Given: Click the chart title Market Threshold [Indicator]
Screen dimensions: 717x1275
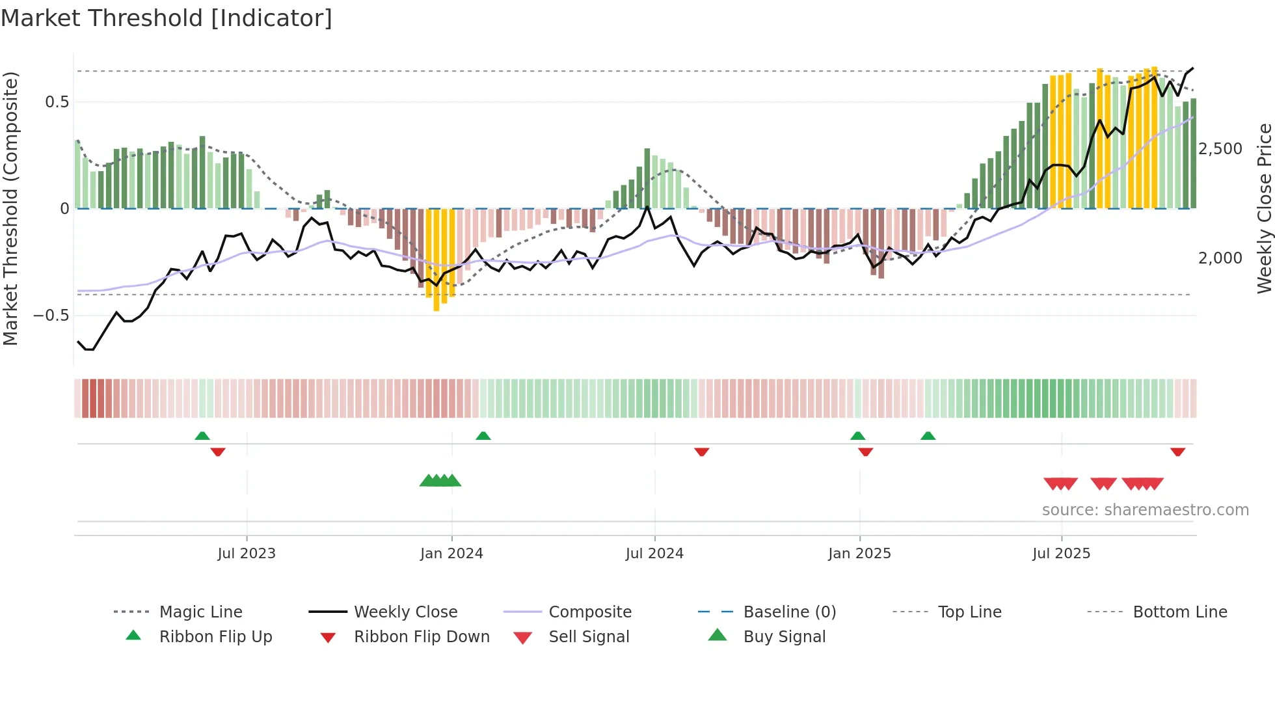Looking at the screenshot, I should (x=167, y=18).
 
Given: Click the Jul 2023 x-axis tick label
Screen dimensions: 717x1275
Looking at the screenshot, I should (x=247, y=553).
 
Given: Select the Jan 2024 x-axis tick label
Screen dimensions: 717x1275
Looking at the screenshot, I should (x=451, y=553).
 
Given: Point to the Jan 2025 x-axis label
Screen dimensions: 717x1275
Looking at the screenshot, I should (x=859, y=553).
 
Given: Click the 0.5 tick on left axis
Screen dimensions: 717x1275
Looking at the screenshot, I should (x=57, y=102).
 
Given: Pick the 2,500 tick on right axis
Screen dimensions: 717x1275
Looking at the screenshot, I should (x=1220, y=149).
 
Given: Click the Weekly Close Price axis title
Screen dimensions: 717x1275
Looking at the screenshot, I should (x=1264, y=208).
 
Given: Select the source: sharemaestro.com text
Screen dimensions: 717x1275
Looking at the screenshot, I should (x=1145, y=509).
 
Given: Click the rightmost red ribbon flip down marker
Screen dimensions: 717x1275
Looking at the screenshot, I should (x=1177, y=452).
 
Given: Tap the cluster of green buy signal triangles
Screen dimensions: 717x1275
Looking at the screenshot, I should (x=440, y=481).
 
